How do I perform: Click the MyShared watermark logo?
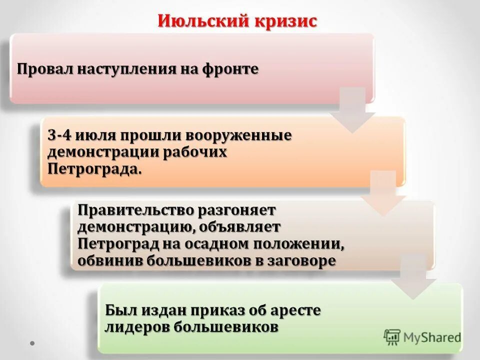423,337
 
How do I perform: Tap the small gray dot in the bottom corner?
32,343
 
